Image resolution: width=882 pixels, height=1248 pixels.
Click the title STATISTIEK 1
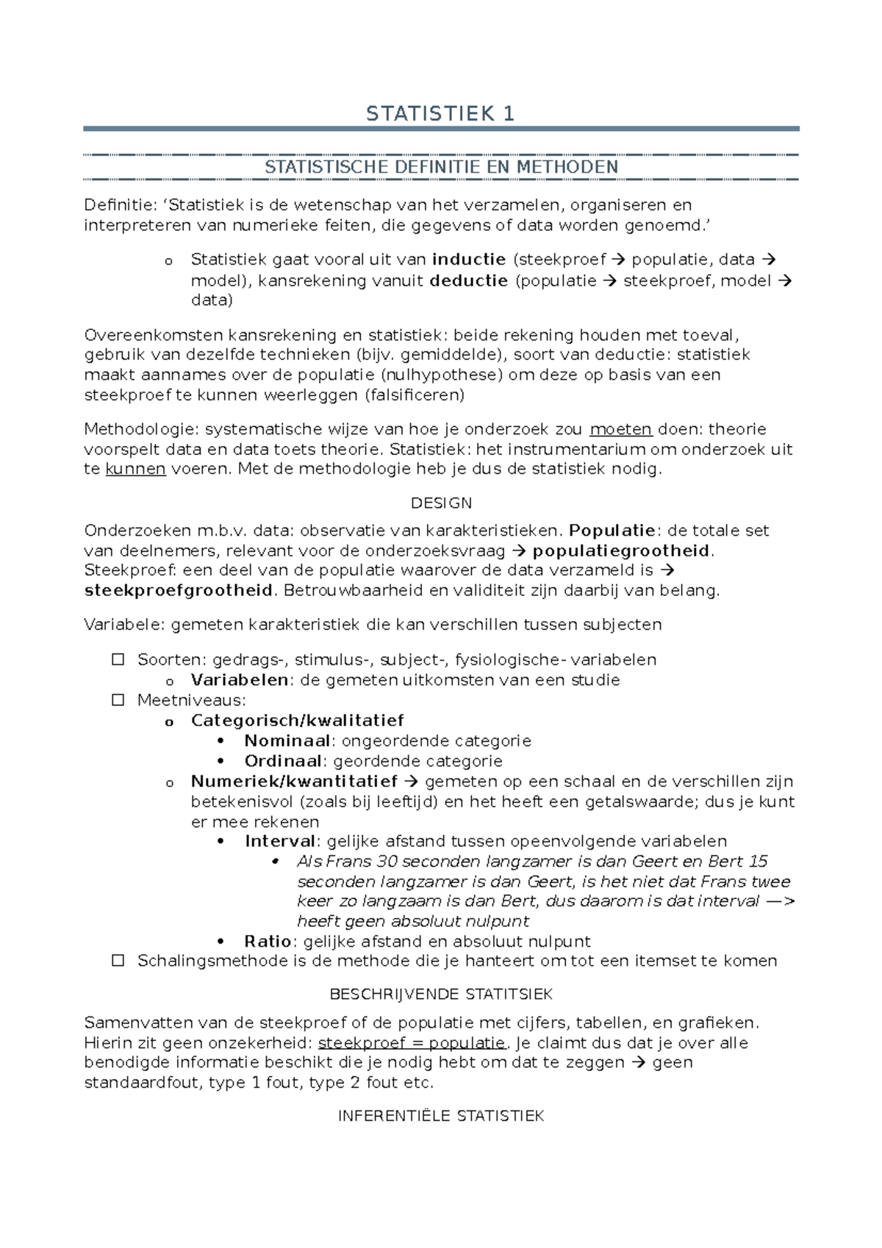point(440,114)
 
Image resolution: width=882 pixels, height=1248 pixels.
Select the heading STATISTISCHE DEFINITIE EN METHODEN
point(441,167)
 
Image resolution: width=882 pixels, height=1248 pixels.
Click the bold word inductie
point(469,259)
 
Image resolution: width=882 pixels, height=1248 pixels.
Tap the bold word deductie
point(468,280)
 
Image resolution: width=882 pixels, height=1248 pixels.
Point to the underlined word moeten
point(621,429)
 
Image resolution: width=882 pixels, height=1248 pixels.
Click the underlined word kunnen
point(135,469)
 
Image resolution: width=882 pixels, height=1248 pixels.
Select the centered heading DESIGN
point(441,503)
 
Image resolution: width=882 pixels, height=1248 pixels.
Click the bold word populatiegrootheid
point(621,551)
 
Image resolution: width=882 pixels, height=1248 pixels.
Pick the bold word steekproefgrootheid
point(179,590)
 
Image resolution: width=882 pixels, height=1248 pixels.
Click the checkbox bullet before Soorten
point(118,659)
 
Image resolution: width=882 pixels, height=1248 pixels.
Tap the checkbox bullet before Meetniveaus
point(118,700)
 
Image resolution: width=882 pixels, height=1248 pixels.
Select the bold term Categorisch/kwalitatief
point(297,720)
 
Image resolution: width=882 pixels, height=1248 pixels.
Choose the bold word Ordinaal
point(283,761)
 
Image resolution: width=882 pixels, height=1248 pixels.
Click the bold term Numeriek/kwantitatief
point(294,781)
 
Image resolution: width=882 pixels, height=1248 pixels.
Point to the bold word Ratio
point(268,942)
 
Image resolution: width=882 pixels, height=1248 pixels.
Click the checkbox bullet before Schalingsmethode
point(118,961)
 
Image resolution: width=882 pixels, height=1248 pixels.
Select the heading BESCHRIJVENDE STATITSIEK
point(441,994)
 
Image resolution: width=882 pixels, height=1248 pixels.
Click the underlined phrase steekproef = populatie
point(412,1043)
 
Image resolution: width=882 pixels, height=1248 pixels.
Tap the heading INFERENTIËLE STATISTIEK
point(441,1116)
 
